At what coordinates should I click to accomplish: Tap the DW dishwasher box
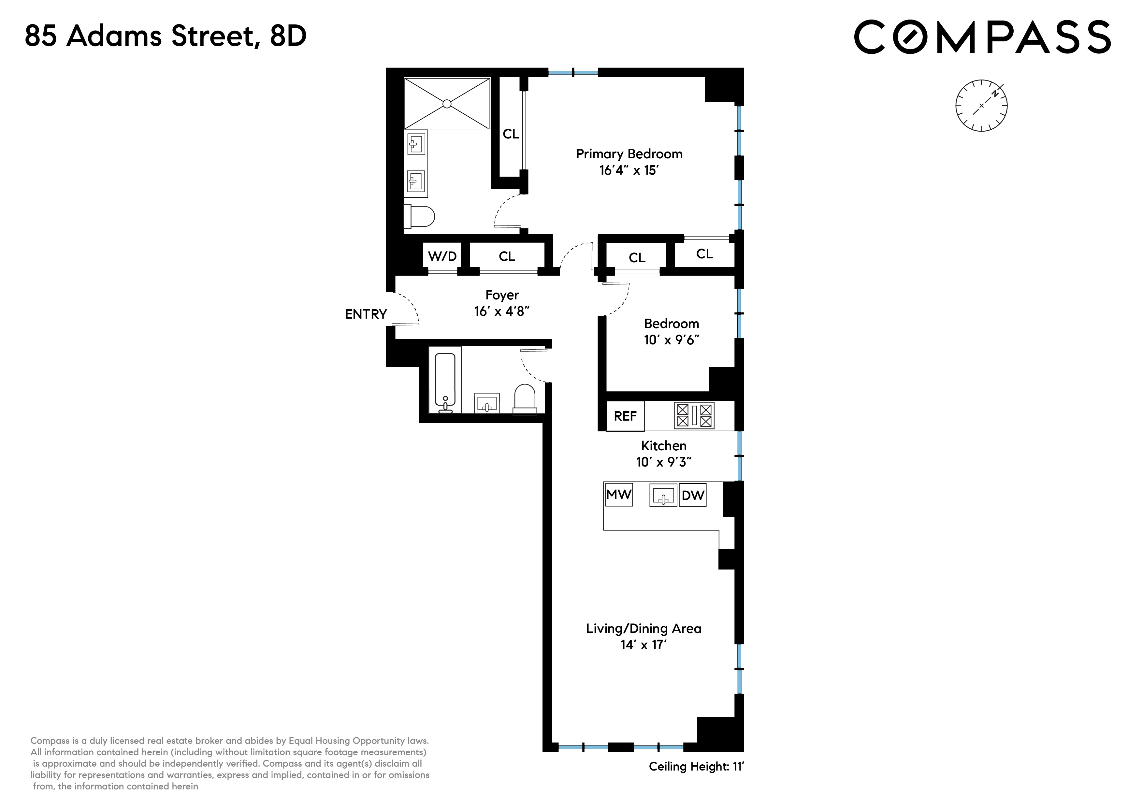[x=692, y=495]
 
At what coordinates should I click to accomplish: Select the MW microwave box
[x=618, y=495]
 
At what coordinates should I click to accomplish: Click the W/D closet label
[x=442, y=256]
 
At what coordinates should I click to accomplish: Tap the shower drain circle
[x=447, y=104]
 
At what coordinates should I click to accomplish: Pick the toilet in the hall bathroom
[x=525, y=399]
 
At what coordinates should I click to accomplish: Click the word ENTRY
[x=366, y=314]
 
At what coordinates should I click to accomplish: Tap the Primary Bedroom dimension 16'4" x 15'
[x=629, y=170]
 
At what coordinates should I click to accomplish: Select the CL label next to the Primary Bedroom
[x=511, y=134]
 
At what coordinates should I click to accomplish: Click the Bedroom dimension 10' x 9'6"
[x=671, y=340]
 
